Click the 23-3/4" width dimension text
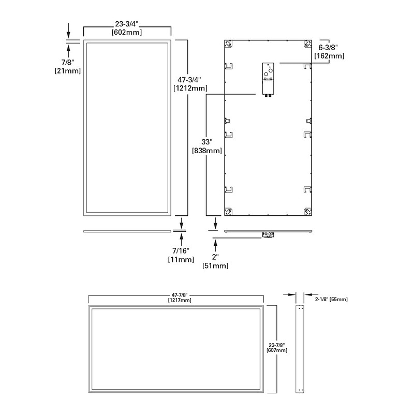pos(127,23)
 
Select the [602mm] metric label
pos(127,32)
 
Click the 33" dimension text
pos(206,142)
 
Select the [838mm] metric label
pos(206,151)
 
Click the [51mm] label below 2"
pos(215,265)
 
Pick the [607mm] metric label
pos(277,350)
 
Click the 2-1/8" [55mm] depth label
pos(331,299)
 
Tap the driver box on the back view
pos(268,77)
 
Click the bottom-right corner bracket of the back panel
pos(307,211)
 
